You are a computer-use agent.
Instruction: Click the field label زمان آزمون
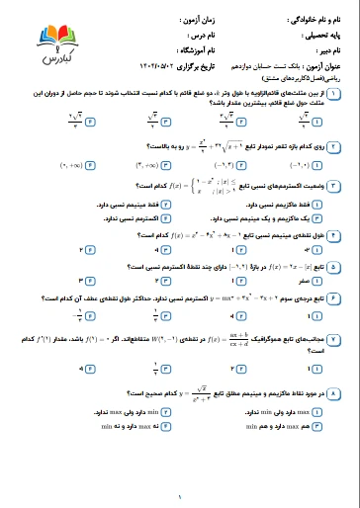coord(196,18)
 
